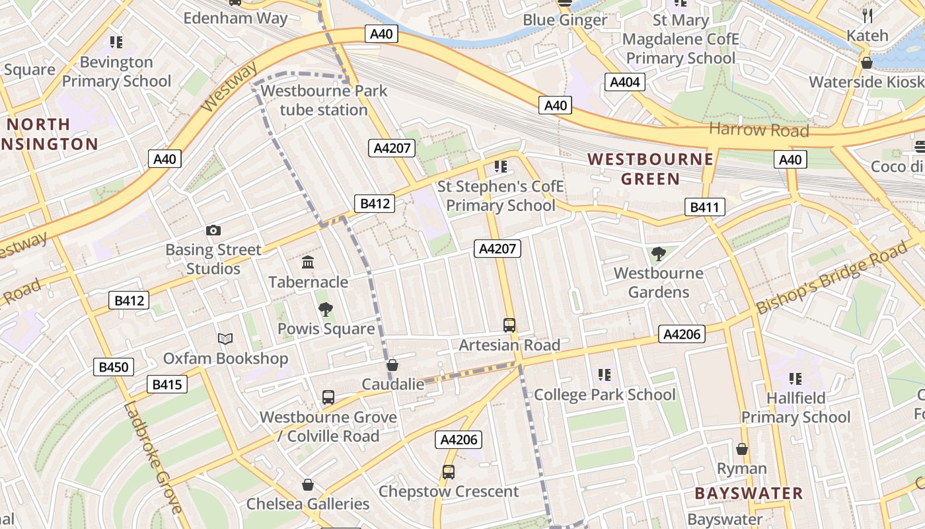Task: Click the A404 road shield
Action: click(624, 82)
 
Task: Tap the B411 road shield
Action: click(704, 207)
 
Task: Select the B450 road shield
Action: click(114, 367)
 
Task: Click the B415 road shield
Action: click(167, 384)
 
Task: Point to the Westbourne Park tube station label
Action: click(324, 100)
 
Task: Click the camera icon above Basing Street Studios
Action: click(213, 230)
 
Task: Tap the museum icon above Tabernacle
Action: click(308, 263)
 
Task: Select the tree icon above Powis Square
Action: click(325, 309)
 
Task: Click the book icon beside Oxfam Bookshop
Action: click(225, 339)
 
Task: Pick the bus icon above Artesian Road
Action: click(509, 325)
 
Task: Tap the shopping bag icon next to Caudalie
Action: click(392, 365)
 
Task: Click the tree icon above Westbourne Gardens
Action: click(658, 253)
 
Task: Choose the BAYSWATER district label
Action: click(749, 493)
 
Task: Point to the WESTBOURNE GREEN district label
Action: click(650, 169)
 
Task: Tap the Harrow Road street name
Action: click(758, 130)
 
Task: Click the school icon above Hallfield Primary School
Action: click(795, 378)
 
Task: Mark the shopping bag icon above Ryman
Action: click(742, 449)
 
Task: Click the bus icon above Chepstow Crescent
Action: click(449, 471)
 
